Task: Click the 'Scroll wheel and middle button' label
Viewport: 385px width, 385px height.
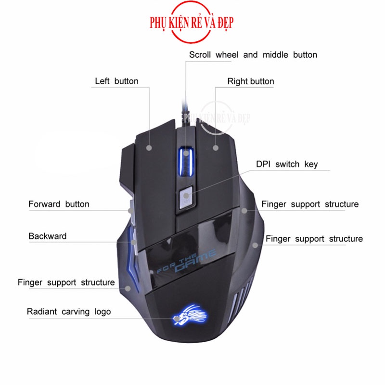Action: tap(253, 55)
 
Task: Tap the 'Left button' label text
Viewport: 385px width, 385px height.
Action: tap(116, 81)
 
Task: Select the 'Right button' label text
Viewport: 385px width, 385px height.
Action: tap(251, 81)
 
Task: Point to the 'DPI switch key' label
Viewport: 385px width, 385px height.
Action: tap(287, 164)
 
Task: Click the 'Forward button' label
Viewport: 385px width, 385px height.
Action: tap(59, 204)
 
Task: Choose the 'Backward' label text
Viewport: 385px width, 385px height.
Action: tap(47, 236)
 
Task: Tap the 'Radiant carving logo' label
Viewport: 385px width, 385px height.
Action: tap(69, 311)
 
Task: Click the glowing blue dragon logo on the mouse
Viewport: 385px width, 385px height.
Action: tap(190, 315)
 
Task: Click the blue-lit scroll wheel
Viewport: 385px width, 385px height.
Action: tap(186, 161)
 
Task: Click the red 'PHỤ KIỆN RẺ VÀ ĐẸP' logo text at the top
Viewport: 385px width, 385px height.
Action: tap(192, 23)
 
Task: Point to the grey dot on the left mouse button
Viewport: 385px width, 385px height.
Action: tap(149, 148)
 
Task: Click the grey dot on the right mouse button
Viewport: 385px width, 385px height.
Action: tap(216, 148)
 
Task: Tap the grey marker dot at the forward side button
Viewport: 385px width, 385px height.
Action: tap(131, 211)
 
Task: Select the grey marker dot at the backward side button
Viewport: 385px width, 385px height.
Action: tap(133, 243)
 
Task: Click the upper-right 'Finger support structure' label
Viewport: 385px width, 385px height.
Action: tap(310, 204)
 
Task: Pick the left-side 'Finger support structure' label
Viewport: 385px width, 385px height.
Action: tap(66, 282)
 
